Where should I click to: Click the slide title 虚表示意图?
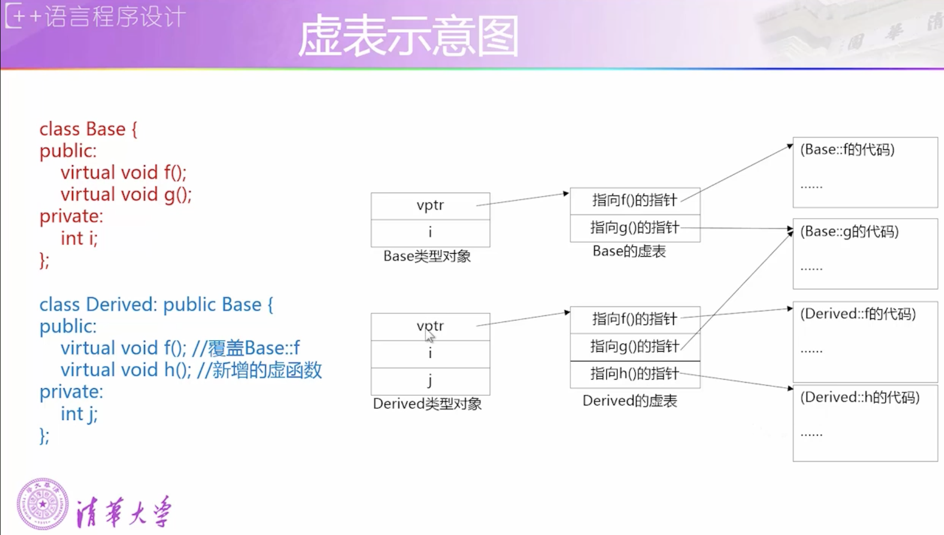(408, 36)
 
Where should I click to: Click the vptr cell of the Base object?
(430, 205)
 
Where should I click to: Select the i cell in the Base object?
(430, 233)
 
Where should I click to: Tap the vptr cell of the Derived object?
(430, 326)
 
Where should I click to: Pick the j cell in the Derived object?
(430, 381)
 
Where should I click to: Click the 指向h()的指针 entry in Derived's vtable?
(634, 373)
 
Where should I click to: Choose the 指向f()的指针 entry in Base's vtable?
(634, 200)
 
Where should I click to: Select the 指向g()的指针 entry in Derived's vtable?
(634, 346)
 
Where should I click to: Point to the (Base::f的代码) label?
(847, 149)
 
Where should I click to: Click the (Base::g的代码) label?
(849, 231)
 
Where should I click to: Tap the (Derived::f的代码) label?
(858, 314)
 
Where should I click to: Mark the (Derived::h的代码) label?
(860, 397)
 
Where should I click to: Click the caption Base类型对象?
(427, 256)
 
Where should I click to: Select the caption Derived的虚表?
(630, 401)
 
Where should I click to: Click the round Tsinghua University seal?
(43, 503)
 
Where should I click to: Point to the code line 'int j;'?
(79, 414)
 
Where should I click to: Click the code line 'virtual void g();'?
(126, 195)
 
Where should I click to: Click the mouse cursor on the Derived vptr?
(429, 335)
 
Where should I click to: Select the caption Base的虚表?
(629, 251)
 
